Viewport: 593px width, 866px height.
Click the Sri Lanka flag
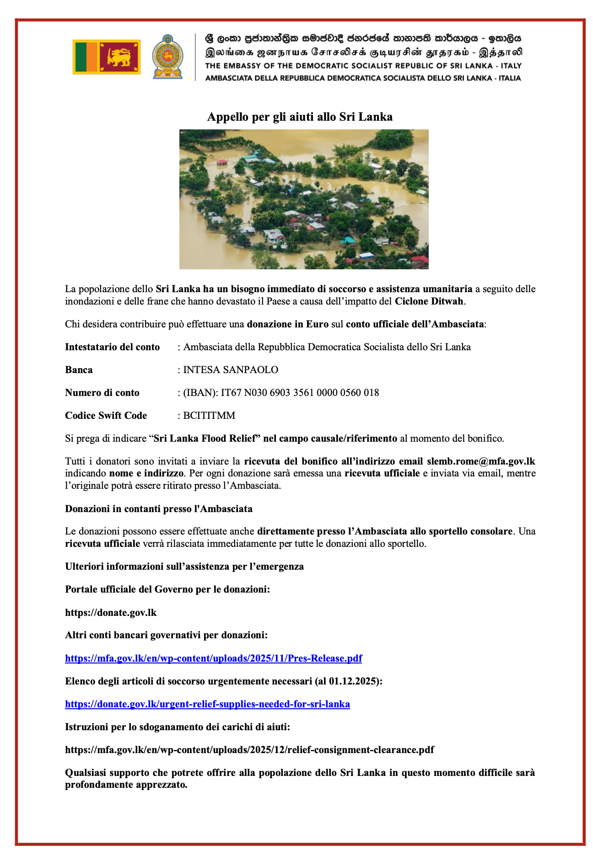(107, 57)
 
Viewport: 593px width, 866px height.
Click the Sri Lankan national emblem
(167, 57)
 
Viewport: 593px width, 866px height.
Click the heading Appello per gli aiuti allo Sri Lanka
(300, 117)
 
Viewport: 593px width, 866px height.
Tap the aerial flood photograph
(304, 199)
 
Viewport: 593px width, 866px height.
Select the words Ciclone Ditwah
(430, 301)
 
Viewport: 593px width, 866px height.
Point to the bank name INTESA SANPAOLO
(231, 370)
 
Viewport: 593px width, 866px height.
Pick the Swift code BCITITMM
(209, 416)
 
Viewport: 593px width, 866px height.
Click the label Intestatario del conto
(112, 347)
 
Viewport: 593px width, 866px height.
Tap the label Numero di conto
(102, 393)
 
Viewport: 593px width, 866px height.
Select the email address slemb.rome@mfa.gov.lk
(481, 461)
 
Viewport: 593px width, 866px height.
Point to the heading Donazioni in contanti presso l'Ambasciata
(159, 509)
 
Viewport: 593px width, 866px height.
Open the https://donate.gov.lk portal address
(111, 613)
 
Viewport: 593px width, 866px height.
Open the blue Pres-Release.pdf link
(213, 658)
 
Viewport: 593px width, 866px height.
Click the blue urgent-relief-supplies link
(207, 704)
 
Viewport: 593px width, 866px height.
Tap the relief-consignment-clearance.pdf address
(249, 750)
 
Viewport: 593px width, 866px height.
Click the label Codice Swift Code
(106, 416)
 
